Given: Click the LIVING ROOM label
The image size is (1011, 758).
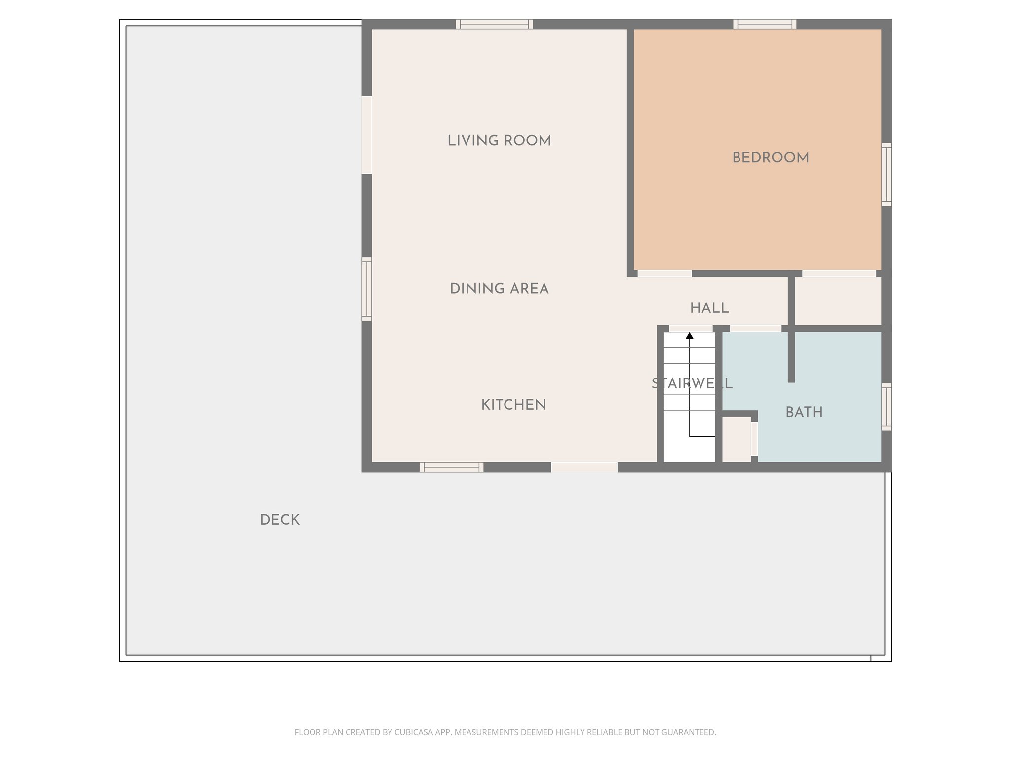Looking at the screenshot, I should (x=499, y=141).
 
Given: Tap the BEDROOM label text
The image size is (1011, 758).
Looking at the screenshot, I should (x=770, y=158).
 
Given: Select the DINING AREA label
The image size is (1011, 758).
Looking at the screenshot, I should (x=499, y=289).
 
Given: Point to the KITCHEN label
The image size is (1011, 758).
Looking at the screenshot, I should (x=513, y=405).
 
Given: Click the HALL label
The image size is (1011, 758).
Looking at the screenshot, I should (x=709, y=308).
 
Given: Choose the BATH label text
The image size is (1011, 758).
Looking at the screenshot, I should (x=804, y=413).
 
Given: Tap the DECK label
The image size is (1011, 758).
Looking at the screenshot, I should (x=279, y=520).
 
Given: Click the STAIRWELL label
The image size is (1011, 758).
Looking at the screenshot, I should (x=692, y=384).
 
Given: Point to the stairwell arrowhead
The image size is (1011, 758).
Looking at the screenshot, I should (x=690, y=336).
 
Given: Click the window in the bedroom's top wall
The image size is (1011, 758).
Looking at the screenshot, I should (x=765, y=24).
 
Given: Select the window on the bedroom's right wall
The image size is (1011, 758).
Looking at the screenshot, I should (x=887, y=175).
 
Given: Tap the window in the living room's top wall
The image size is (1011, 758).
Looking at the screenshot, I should (x=494, y=24).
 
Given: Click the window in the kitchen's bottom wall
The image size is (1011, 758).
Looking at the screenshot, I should (x=451, y=467).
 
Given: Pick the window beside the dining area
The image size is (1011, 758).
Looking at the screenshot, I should (x=366, y=289).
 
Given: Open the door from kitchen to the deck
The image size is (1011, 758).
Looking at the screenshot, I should (x=584, y=467).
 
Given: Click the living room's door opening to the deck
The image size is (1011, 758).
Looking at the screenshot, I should (x=366, y=135).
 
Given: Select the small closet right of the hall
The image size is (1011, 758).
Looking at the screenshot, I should (x=838, y=301).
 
